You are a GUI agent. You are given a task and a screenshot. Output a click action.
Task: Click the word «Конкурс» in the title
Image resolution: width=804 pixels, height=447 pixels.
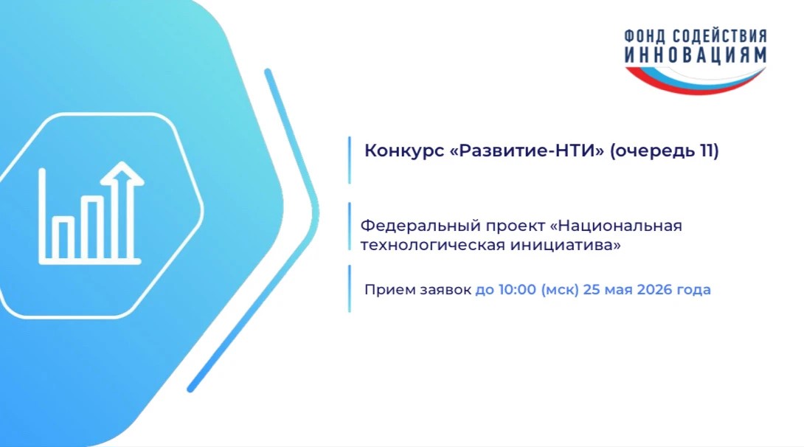pos(404,151)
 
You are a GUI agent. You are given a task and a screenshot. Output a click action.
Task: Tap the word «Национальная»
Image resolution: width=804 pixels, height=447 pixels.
pos(620,226)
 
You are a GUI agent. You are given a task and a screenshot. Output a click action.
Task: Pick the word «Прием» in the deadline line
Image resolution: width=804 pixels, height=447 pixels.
pos(389,290)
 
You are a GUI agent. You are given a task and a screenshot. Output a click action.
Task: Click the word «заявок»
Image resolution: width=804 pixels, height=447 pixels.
pos(446,290)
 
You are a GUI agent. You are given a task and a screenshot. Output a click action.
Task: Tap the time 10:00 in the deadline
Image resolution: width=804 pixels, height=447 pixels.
pos(517,290)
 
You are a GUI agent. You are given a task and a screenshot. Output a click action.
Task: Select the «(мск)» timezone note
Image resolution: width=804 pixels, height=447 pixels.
pos(560,290)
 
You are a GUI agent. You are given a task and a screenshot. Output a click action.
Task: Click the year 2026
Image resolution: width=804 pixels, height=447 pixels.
pos(654,290)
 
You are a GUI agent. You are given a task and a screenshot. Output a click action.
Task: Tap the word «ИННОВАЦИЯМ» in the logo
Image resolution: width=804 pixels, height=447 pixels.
pos(696,55)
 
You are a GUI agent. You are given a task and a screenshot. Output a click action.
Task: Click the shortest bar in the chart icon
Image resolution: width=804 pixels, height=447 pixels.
pos(63,238)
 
